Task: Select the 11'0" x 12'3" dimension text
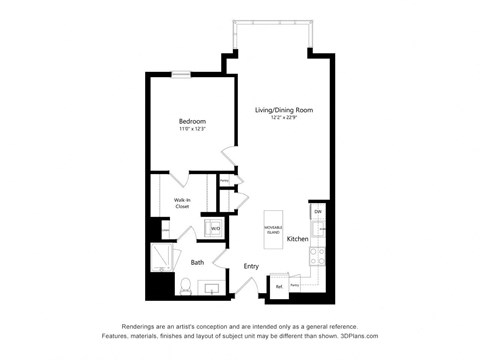pos(192,129)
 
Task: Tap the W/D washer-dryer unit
pos(215,228)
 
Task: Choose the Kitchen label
pos(298,240)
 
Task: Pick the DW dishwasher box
pos(317,211)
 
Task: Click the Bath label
pos(198,262)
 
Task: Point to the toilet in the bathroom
pos(186,286)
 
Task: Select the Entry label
pos(251,266)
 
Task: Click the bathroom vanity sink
pos(211,288)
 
